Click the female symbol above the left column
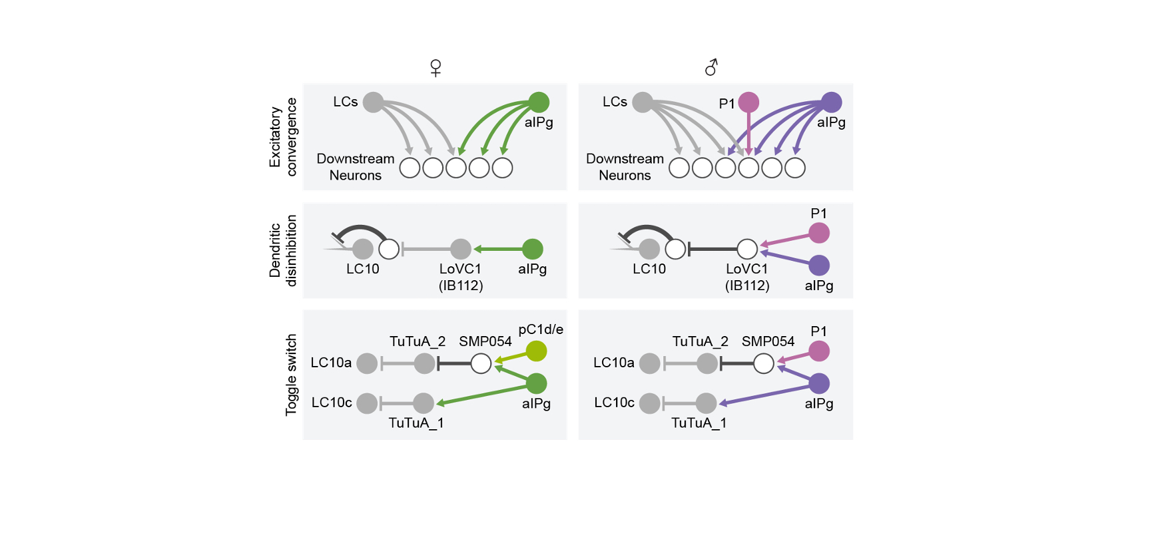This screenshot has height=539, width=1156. [x=435, y=68]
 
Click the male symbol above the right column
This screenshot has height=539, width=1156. [x=711, y=67]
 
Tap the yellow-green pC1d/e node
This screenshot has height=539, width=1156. [x=536, y=351]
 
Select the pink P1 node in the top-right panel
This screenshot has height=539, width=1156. [x=748, y=102]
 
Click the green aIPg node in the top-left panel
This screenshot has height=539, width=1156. [x=539, y=102]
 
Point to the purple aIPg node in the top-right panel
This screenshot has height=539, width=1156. [x=831, y=102]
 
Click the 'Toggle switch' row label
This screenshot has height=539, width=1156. [x=291, y=375]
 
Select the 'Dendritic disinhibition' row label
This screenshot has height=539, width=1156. [x=283, y=250]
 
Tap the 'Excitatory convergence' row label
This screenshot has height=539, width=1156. [x=283, y=137]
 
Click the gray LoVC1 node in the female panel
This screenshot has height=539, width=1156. [x=461, y=249]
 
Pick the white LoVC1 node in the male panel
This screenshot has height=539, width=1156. [x=747, y=249]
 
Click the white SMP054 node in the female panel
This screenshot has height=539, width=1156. [x=481, y=363]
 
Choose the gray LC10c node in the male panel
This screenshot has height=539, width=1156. [x=649, y=403]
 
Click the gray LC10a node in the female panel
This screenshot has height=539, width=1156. [x=367, y=363]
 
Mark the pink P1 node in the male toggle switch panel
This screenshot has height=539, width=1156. [x=819, y=351]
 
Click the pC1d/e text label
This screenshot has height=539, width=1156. [x=541, y=329]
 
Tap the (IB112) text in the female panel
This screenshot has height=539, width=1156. [x=461, y=285]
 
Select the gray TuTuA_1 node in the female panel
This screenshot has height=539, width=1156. [x=424, y=403]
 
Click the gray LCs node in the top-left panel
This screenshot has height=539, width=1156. [x=373, y=102]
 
